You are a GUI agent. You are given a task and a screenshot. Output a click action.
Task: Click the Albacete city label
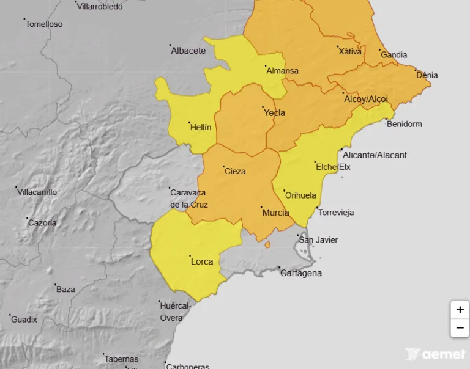pyautogui.click(x=188, y=51)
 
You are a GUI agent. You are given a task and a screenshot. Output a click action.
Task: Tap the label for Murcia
pyautogui.click(x=275, y=213)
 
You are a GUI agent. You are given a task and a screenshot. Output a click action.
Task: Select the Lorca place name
pyautogui.click(x=202, y=261)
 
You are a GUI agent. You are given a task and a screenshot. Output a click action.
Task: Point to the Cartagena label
pyautogui.click(x=300, y=273)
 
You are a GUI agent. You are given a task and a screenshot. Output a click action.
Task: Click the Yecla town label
pyautogui.click(x=274, y=112)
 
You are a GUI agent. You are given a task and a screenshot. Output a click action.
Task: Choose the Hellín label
pyautogui.click(x=201, y=127)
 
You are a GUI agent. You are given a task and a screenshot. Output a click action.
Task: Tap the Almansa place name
pyautogui.click(x=282, y=71)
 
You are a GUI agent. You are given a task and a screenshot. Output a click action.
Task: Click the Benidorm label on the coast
pyautogui.click(x=404, y=124)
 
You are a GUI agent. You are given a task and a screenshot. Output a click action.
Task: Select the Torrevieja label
pyautogui.click(x=335, y=213)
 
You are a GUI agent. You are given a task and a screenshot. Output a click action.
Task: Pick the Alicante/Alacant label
pyautogui.click(x=375, y=155)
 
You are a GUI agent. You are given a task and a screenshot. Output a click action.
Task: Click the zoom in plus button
pyautogui.click(x=460, y=310)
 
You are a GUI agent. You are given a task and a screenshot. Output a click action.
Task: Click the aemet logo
pyautogui.click(x=436, y=354)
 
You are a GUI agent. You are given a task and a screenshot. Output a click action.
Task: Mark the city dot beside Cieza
pyautogui.click(x=223, y=167)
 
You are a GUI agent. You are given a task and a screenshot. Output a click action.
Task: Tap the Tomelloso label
pyautogui.click(x=44, y=24)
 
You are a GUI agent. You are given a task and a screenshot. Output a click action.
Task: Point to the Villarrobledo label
pyautogui.click(x=100, y=7)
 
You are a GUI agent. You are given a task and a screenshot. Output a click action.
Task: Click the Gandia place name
pyautogui.click(x=394, y=55)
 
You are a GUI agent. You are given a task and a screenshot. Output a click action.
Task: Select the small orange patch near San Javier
pyautogui.click(x=267, y=244)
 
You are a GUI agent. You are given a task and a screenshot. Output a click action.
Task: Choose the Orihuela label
pyautogui.click(x=300, y=195)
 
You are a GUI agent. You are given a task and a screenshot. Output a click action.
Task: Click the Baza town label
pyautogui.click(x=65, y=289)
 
